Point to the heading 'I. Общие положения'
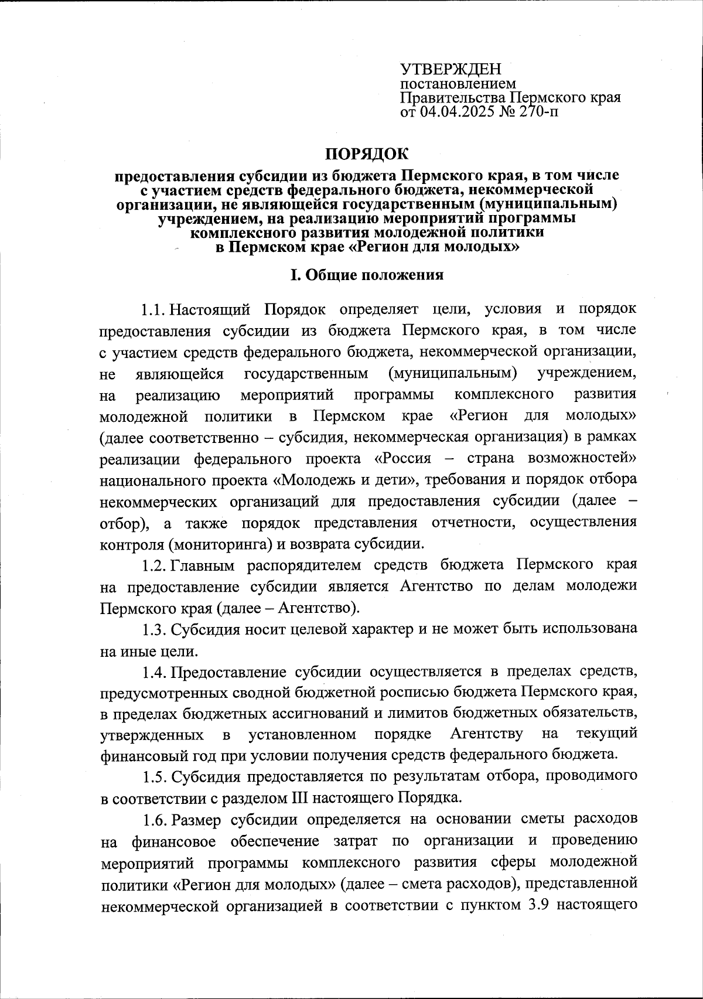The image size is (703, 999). point(367,275)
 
